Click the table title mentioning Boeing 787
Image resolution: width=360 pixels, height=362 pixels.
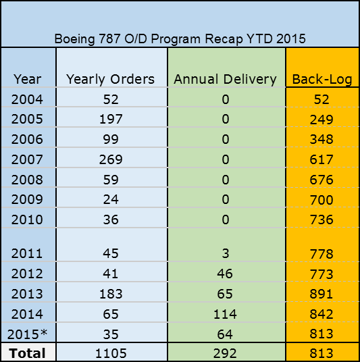coord(180,38)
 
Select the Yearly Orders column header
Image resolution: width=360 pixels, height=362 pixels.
coord(110,80)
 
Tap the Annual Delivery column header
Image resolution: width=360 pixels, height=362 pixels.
coord(225,80)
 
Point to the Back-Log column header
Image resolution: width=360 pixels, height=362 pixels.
coord(322,80)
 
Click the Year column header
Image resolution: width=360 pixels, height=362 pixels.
coord(28,80)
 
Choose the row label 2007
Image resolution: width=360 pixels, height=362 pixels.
coord(27,159)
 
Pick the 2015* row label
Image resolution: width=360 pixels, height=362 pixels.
coord(27,334)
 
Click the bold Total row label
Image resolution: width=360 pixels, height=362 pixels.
coord(27,353)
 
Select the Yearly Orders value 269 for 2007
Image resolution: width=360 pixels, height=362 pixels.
coord(111,159)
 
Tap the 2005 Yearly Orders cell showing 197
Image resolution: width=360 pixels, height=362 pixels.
coord(111,119)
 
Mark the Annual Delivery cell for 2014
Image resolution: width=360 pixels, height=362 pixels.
coord(225,314)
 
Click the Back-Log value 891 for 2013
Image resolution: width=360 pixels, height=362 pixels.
coord(322,294)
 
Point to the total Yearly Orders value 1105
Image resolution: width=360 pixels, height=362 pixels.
coord(111,353)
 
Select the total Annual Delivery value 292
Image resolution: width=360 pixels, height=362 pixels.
coord(225,353)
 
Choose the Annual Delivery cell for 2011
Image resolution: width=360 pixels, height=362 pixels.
coord(226,253)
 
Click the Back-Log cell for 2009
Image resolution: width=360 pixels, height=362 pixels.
coord(322,200)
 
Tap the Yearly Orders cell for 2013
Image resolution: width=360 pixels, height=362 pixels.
coord(111,294)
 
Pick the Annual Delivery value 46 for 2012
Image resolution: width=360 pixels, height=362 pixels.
coord(225,274)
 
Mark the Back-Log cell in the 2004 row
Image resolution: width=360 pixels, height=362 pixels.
coord(322,99)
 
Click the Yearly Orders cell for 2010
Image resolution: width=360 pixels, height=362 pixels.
coord(111,219)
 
